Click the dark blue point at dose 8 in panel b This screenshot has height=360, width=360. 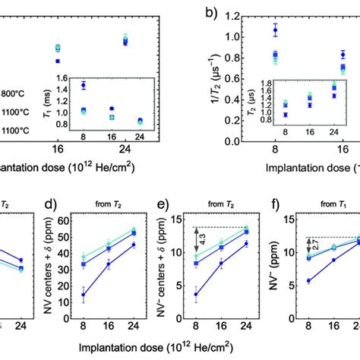point(276,30)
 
